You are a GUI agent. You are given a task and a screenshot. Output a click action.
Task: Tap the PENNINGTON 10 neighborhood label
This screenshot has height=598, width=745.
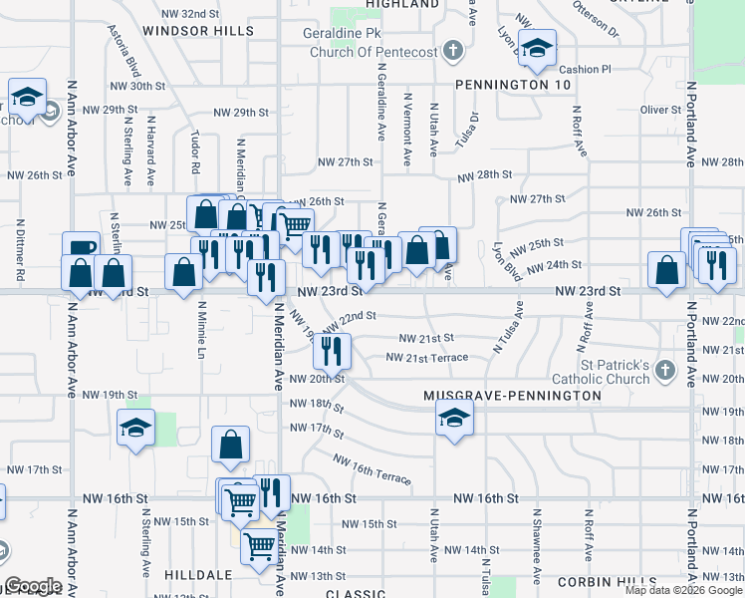pos(513,86)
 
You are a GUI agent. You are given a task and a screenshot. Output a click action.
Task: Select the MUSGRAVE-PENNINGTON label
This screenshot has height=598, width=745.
pos(512,396)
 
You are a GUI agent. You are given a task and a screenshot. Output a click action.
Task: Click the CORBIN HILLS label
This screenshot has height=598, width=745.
pos(607,581)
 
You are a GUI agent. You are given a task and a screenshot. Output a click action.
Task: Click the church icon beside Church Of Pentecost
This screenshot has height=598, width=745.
pos(453,51)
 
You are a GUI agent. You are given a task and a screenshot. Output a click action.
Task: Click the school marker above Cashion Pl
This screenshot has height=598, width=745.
pos(537,49)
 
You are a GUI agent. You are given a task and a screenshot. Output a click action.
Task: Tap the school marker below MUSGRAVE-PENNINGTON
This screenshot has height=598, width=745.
pos(454,417)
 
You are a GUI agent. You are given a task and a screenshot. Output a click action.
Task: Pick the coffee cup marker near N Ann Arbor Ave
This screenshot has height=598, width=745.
pos(81,248)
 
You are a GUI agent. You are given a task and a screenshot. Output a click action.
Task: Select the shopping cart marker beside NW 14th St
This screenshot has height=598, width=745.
pos(259,545)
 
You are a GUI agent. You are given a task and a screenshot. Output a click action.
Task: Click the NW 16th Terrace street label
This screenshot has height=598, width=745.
pos(372,470)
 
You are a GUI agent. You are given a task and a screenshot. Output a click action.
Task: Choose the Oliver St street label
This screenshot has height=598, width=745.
pos(658,109)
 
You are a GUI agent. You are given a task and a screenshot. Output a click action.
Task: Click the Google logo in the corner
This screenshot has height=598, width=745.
pos(34,586)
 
